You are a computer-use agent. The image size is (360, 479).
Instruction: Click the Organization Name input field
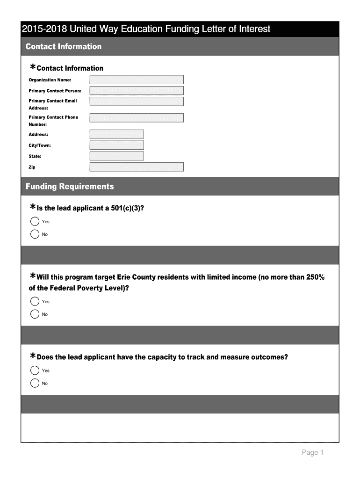pos(137,80)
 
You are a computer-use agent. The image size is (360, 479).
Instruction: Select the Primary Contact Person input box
pos(137,91)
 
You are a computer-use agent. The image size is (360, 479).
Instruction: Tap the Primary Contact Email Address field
pos(137,102)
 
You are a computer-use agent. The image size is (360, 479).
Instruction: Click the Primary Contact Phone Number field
pos(137,118)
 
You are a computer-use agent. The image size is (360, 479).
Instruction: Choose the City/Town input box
pos(116,145)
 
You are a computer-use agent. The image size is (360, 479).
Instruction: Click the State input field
pos(116,156)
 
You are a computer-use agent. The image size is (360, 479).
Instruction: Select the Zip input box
pos(137,167)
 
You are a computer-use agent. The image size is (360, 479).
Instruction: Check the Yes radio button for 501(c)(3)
pos(35,222)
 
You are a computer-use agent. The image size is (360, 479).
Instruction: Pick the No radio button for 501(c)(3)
pos(35,234)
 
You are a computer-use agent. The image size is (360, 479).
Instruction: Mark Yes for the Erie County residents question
pos(35,302)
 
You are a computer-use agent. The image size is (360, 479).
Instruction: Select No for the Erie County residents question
pos(35,314)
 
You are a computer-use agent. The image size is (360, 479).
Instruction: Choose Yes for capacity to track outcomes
pos(35,370)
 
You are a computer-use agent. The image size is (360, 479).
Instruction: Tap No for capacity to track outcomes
pos(35,384)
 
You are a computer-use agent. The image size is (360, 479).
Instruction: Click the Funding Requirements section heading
pos(70,187)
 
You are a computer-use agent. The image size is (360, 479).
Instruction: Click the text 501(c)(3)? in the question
pos(127,208)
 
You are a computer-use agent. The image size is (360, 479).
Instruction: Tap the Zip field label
pos(32,167)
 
